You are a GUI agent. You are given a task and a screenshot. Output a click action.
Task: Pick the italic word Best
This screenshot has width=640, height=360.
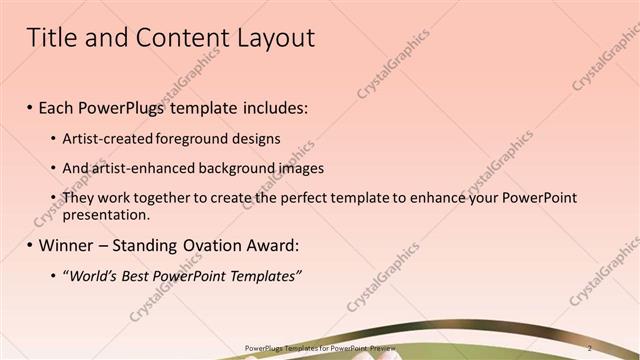coord(141,276)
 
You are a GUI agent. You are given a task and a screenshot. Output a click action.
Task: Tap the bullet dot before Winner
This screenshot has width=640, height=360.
coord(30,246)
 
